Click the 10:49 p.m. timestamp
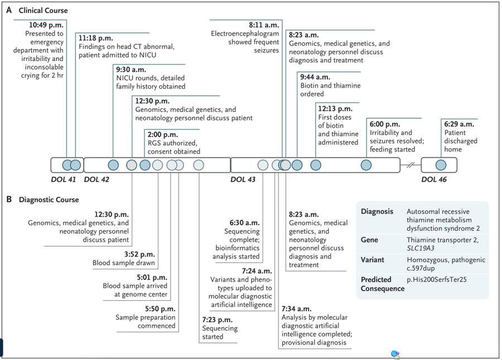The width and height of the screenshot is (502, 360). [46, 25]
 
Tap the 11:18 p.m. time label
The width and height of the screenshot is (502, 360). [96, 38]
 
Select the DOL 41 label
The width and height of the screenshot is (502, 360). [64, 179]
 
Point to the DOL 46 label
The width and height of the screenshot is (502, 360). [434, 179]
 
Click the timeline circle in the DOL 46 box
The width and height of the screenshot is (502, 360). [441, 165]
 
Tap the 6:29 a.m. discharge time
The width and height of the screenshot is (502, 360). [459, 124]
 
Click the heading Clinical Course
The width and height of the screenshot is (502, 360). [43, 11]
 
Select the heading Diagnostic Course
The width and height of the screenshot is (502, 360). [49, 200]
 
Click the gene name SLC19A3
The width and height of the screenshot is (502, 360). [421, 249]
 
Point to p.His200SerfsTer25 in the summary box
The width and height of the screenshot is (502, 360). [437, 280]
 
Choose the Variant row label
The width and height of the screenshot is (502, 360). [373, 260]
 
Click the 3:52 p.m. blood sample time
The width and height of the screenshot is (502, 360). [139, 255]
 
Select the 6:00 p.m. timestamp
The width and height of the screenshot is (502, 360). [385, 124]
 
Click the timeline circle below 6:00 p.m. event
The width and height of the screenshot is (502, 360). [366, 165]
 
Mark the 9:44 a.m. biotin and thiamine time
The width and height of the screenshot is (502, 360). [315, 77]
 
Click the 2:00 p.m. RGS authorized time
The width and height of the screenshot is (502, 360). [163, 135]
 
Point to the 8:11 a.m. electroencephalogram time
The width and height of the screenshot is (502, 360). [264, 25]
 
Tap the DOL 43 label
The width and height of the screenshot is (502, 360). [243, 179]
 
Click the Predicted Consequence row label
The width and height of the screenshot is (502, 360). [382, 284]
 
